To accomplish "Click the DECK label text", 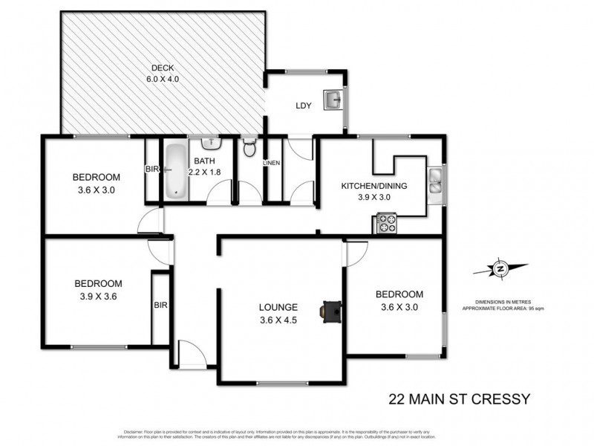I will (x=163, y=66).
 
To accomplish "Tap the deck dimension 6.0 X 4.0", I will (x=163, y=79).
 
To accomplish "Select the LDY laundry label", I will (x=303, y=106).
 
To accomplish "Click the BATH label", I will (x=204, y=161).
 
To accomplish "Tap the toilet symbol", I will (x=249, y=146).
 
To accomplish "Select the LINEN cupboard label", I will (x=272, y=163).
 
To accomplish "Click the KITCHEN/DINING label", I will (x=373, y=186).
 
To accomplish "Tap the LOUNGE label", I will (x=278, y=306).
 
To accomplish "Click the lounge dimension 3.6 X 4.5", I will (x=278, y=320).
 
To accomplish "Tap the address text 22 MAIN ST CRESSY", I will (x=460, y=399).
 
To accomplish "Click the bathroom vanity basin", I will (x=211, y=142).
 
